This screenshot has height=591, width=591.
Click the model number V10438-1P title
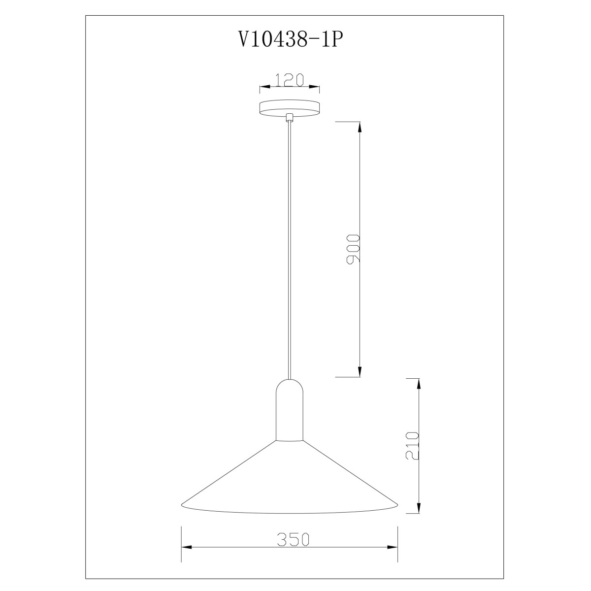(x=289, y=39)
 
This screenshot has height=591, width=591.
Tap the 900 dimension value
(x=353, y=249)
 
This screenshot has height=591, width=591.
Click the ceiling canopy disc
(x=290, y=108)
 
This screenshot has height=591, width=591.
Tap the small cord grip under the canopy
(x=289, y=118)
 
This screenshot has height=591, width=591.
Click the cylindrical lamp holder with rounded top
(x=290, y=410)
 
